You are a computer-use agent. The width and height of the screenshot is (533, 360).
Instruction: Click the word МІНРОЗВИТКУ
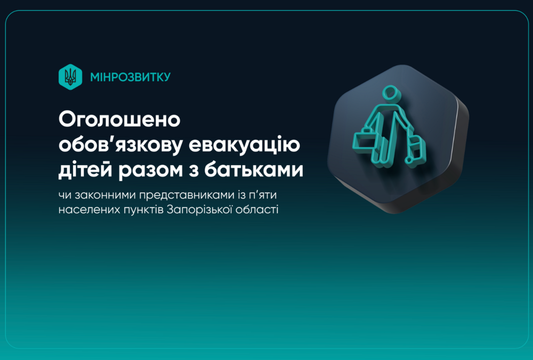(131, 77)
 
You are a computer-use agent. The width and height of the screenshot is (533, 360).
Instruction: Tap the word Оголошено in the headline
(119, 119)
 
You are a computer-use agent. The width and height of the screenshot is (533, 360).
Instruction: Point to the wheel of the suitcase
(409, 159)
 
